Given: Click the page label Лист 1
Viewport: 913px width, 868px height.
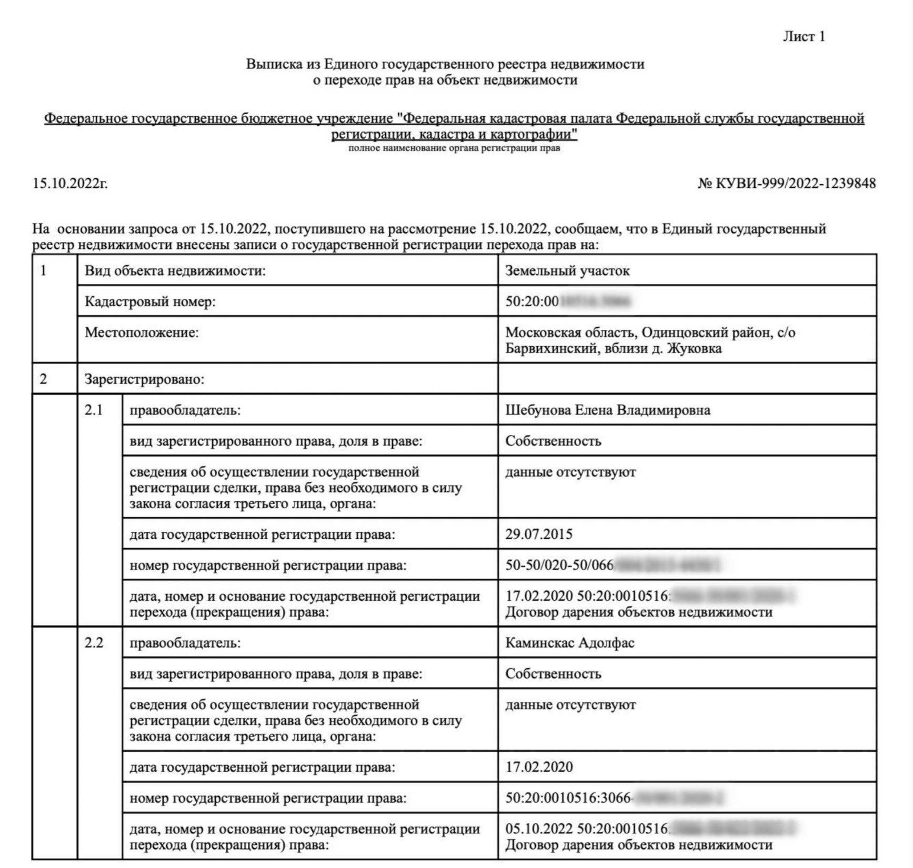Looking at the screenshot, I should click(x=804, y=36).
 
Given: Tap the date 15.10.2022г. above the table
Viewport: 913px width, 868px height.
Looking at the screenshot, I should click(x=70, y=184).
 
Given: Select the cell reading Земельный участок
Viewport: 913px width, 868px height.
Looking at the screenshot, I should click(x=567, y=271).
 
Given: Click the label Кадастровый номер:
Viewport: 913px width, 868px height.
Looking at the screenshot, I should click(x=150, y=302).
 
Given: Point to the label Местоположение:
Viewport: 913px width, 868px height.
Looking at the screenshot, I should click(x=142, y=333).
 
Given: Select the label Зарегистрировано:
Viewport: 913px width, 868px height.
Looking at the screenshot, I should click(x=144, y=379).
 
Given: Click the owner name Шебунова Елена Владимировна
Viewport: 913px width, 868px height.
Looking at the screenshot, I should click(x=608, y=410).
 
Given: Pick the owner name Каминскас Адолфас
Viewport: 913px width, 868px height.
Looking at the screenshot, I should click(x=570, y=643).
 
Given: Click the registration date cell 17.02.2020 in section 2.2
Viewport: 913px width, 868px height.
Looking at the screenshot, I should click(x=539, y=768).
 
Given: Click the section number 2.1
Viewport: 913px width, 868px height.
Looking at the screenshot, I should click(x=94, y=410).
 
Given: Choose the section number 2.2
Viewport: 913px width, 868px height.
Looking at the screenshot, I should click(x=94, y=643).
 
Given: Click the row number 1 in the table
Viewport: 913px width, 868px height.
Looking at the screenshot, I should click(x=44, y=271).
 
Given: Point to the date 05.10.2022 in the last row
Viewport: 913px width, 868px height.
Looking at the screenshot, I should click(x=539, y=829).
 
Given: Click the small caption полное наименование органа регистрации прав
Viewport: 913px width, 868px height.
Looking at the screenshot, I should click(x=454, y=148).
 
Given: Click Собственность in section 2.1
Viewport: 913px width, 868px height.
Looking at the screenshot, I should click(x=553, y=441).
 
